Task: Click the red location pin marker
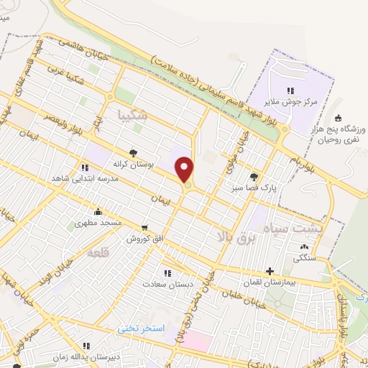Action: coord(185,170)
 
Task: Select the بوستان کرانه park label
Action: coord(133,164)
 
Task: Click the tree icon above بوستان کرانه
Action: coord(133,152)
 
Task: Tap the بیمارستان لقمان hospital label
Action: coord(270,283)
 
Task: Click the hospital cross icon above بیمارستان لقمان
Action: coord(270,272)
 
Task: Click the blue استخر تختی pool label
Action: coord(142,328)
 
